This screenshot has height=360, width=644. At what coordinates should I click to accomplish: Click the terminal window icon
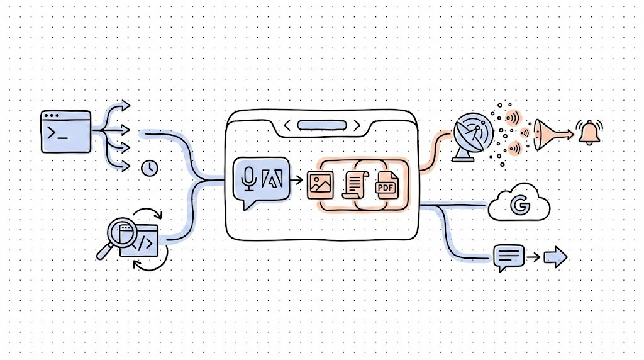pyautogui.click(x=65, y=131)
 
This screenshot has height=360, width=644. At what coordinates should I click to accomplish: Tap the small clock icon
pyautogui.click(x=150, y=167)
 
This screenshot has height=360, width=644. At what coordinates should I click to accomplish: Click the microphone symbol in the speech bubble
pyautogui.click(x=249, y=179)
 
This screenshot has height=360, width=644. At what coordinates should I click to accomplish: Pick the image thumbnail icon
pyautogui.click(x=319, y=184)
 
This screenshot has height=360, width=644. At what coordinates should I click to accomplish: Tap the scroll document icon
pyautogui.click(x=353, y=185)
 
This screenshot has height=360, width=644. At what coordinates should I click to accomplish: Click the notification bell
pyautogui.click(x=590, y=133)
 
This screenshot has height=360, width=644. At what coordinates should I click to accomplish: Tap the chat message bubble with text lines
pyautogui.click(x=509, y=257)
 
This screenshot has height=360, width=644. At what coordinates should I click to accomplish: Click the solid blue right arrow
pyautogui.click(x=555, y=257)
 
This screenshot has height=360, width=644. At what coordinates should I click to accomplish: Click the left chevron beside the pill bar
pyautogui.click(x=287, y=126)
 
